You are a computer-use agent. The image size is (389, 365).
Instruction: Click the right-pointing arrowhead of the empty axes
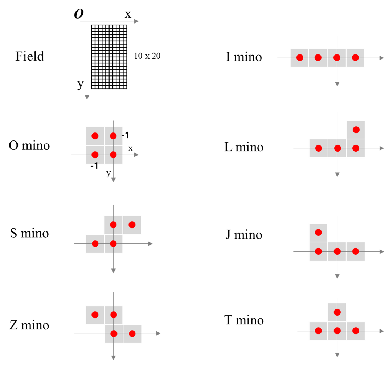point(136,21)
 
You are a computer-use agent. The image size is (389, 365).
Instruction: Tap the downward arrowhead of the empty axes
point(87,97)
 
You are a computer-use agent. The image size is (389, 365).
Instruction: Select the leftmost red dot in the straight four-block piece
point(300,57)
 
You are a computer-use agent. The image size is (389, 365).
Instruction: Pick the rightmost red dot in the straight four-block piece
point(355,57)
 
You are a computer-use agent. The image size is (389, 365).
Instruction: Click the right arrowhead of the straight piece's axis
point(382,58)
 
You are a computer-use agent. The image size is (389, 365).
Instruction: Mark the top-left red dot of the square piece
point(95,136)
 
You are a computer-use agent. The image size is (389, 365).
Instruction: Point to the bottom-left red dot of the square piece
point(95,155)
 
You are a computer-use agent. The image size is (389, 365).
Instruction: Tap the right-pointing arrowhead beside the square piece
point(136,155)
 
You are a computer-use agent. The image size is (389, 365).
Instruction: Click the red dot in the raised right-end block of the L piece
point(356,130)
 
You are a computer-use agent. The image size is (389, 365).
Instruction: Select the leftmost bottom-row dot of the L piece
point(319,148)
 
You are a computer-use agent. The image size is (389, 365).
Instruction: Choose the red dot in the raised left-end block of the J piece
point(318,232)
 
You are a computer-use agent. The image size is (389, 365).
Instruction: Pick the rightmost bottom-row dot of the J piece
point(356,251)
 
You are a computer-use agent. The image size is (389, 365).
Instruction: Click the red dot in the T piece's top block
point(337,312)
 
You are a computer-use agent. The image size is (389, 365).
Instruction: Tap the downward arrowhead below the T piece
point(337,355)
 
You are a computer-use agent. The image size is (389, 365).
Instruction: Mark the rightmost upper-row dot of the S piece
point(132,225)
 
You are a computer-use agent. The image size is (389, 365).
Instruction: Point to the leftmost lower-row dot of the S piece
point(95,243)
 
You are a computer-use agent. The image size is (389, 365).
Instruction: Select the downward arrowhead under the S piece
point(114,271)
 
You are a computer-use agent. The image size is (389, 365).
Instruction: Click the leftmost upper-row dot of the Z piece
point(95,315)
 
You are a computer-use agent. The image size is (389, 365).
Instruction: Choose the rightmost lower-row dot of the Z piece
point(132,333)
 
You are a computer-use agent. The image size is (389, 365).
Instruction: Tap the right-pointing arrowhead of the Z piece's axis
point(158,333)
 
